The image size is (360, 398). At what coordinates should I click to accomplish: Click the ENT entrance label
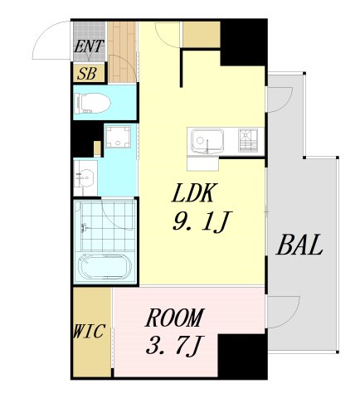(x=89, y=46)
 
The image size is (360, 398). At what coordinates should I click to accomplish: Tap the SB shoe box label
(x=87, y=74)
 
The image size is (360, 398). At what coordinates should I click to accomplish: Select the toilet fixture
(x=92, y=104)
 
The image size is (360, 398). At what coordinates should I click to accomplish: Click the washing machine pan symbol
(x=119, y=137)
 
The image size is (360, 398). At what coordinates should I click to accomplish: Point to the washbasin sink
(x=85, y=177)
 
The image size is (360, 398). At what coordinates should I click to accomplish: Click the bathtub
(x=105, y=267)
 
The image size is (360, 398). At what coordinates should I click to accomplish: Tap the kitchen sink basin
(x=208, y=141)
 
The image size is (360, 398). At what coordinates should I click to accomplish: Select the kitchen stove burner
(x=248, y=141)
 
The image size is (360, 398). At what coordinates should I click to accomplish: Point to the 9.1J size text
(x=202, y=221)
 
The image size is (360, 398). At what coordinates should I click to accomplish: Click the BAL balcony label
(x=299, y=245)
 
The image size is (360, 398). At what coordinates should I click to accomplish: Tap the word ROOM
(x=175, y=318)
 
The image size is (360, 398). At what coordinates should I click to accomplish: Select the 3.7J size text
(x=175, y=345)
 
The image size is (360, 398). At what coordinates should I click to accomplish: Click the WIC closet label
(x=89, y=331)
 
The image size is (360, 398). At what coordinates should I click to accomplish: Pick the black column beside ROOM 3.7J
(x=242, y=355)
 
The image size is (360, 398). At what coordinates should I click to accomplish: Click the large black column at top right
(x=243, y=42)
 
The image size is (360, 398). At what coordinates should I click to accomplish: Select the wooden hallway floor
(x=122, y=52)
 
